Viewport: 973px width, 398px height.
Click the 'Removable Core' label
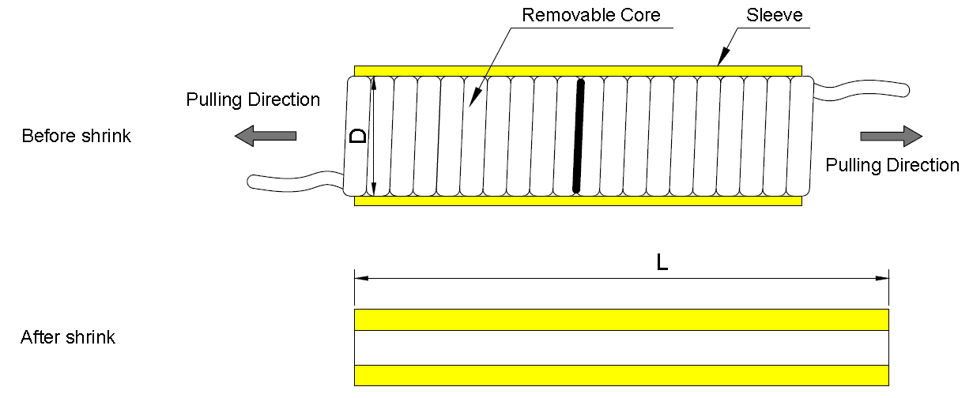tap(591, 14)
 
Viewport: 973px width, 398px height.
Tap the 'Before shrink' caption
tap(76, 136)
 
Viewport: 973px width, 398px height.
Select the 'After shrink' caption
tap(68, 338)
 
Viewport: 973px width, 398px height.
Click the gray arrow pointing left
tap(266, 136)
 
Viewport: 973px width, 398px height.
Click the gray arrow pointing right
tap(891, 136)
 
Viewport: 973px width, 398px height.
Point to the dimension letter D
tap(358, 136)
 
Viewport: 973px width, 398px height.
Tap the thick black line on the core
tap(579, 136)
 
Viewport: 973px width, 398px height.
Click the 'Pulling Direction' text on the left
tap(253, 99)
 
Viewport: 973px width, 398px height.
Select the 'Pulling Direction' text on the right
tap(892, 165)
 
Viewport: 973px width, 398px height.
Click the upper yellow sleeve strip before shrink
tap(578, 71)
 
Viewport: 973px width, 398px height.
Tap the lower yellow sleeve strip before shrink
tap(578, 201)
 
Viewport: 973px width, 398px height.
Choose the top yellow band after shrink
tap(621, 320)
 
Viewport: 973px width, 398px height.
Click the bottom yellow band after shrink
tap(621, 374)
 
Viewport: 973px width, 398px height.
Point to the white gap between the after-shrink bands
tap(621, 347)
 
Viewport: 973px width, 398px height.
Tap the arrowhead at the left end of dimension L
tap(360, 278)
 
